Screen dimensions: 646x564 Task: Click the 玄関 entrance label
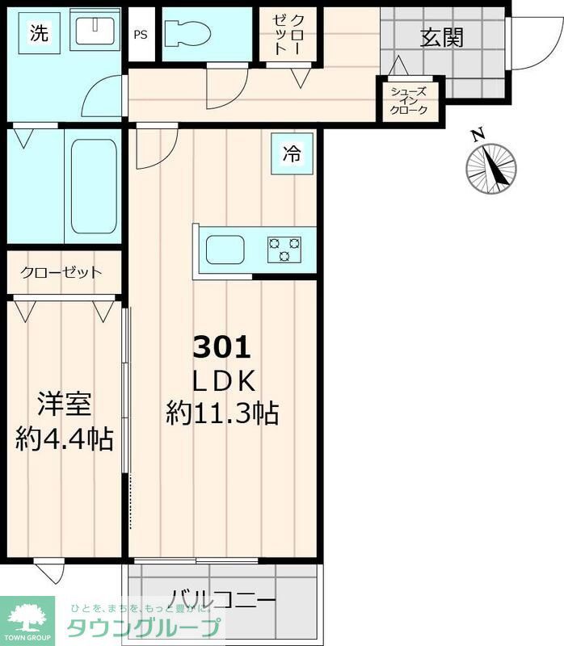click(x=441, y=37)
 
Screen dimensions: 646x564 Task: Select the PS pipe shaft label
click(x=140, y=36)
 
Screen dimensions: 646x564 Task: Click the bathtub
click(x=94, y=186)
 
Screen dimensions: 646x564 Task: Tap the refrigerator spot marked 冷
click(x=293, y=153)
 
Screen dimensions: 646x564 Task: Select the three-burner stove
click(x=284, y=249)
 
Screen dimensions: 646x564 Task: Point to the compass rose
click(x=491, y=167)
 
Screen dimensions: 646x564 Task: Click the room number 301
click(x=222, y=347)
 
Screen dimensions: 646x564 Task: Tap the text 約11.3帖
click(x=222, y=413)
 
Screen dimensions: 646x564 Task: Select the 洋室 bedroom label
click(x=64, y=403)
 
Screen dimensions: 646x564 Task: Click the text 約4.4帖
click(x=64, y=439)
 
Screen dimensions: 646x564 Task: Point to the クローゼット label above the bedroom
click(x=61, y=272)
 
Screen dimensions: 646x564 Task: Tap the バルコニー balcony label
click(x=222, y=600)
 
